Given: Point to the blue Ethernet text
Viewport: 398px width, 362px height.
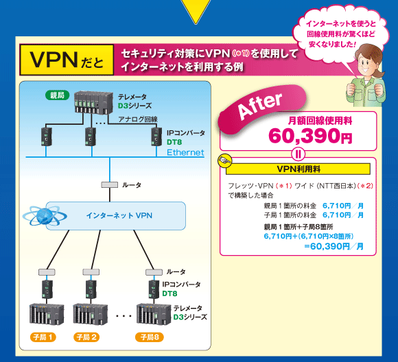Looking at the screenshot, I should click(185, 152).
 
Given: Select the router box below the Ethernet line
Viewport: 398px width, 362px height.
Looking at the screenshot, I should click(109, 185).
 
